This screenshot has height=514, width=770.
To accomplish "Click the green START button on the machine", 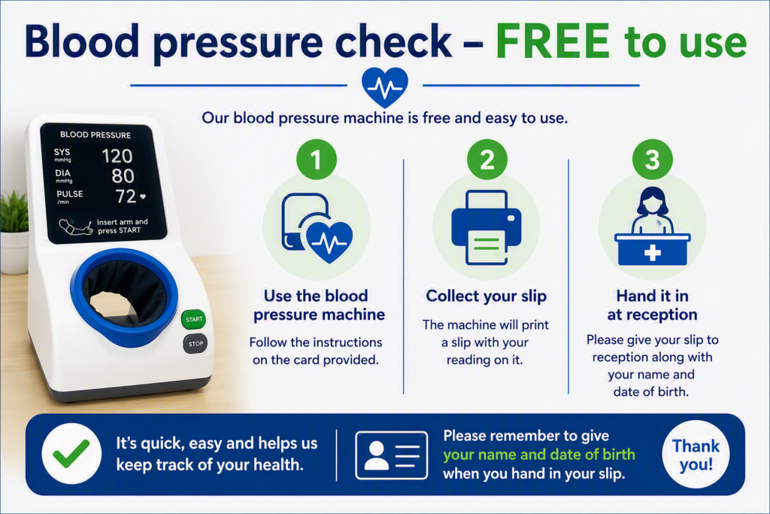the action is coord(193,319).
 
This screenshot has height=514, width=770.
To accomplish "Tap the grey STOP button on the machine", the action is coord(195,343).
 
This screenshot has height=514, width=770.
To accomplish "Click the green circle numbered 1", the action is coord(317,160).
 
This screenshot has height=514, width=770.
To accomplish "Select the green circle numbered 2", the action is coord(487,160).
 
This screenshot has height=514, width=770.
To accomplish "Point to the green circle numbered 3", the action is coord(652,160).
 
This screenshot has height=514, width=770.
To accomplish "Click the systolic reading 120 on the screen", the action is coord(117,157).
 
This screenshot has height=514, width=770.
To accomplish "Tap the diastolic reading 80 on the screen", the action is coord(123,176).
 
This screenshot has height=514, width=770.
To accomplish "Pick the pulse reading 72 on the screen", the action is coord(126,196).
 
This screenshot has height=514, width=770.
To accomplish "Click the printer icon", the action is coord(487,227).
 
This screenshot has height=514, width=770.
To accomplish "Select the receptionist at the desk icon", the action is coord(652,226).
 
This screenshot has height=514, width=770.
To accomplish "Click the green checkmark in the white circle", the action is coord(71,453).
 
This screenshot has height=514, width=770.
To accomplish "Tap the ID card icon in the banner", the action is coord(391,455).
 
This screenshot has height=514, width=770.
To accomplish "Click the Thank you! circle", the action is coord(696,455).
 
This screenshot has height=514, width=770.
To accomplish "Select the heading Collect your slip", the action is coord(487,296).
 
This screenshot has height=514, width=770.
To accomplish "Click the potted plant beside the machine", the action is coord(14,232).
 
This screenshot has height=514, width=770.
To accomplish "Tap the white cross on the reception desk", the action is coord(652,253).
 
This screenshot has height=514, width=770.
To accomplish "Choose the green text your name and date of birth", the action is coord(538,455).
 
